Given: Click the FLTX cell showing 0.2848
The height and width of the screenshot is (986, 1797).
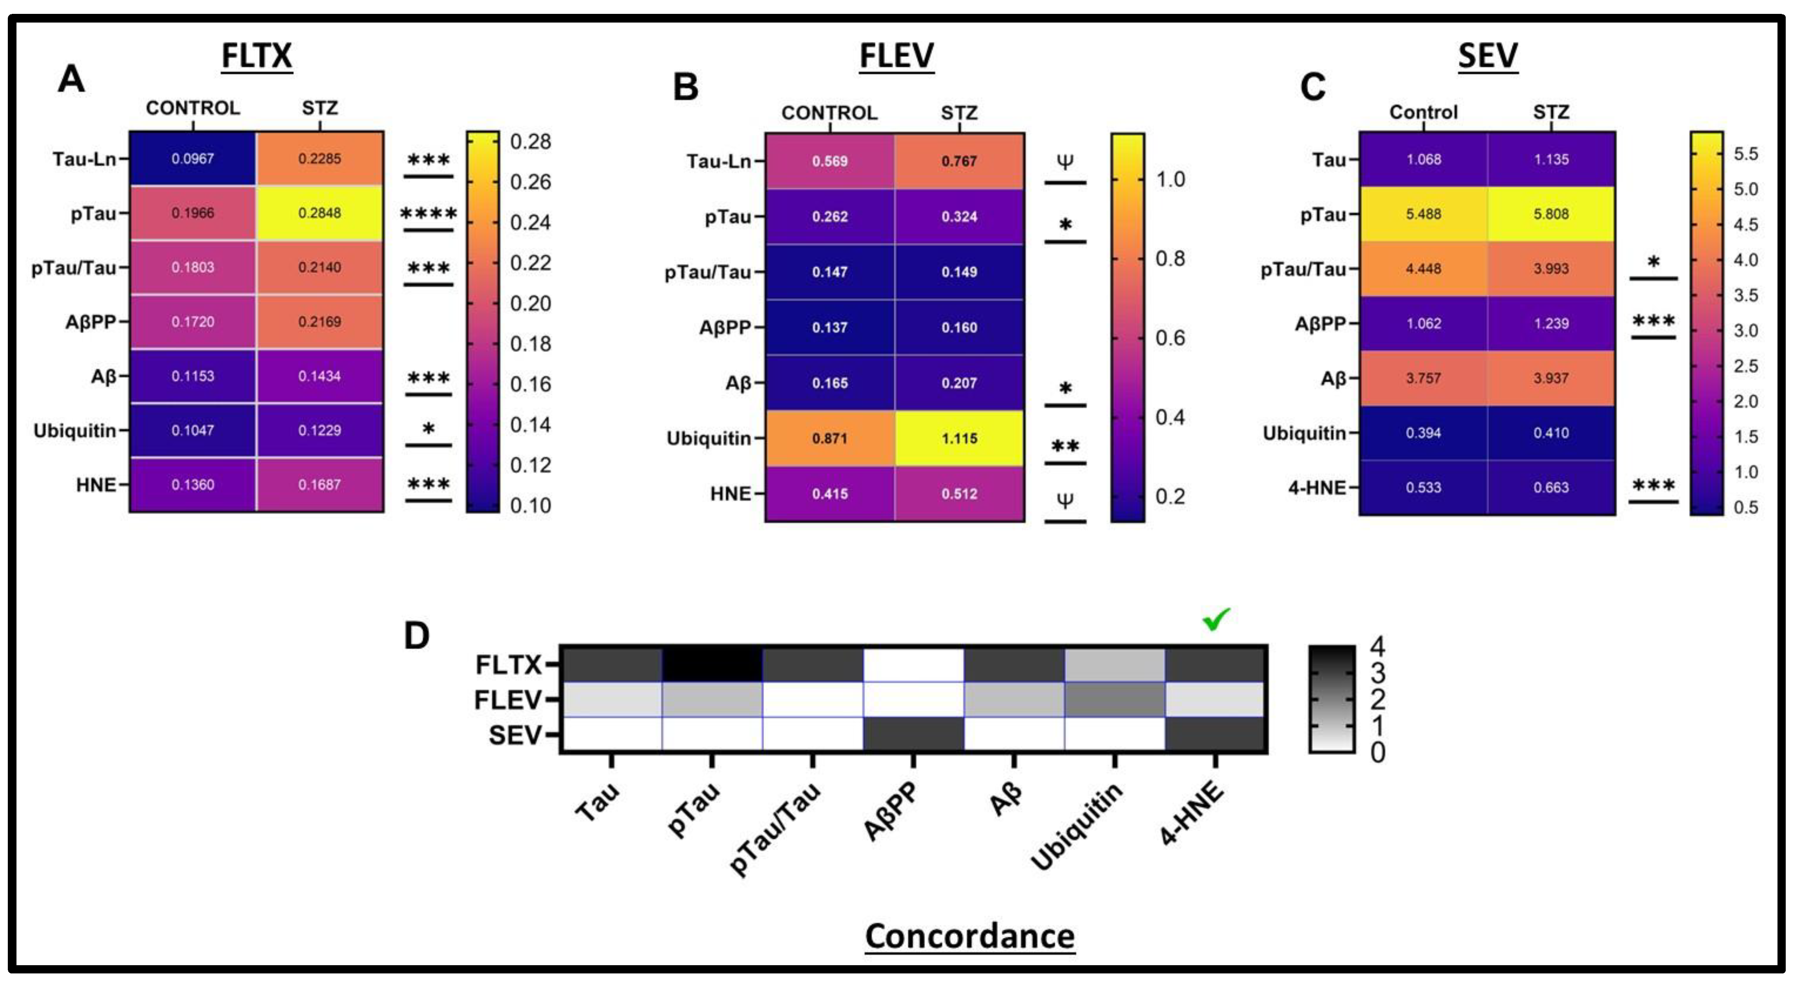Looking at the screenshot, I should pos(320,213).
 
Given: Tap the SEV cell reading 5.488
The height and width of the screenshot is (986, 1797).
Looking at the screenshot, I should pos(1423,214).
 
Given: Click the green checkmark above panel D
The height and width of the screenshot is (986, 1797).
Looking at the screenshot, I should pos(1216,618).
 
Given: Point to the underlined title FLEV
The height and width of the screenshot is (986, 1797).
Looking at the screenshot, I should pos(896,56).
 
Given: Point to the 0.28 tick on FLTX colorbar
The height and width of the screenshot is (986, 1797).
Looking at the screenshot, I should pos(530,141).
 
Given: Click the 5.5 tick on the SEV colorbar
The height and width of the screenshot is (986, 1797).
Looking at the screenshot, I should pos(1745,154).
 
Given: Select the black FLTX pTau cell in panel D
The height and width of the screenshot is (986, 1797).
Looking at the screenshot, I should pos(712,665).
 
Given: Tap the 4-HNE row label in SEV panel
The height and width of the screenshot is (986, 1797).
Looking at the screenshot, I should pos(1317,487).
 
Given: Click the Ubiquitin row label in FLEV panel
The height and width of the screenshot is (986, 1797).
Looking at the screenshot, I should pos(708,439).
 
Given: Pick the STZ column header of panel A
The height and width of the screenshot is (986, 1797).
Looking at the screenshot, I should pos(320,108).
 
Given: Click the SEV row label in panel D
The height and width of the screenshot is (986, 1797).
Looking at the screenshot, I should pos(515,735).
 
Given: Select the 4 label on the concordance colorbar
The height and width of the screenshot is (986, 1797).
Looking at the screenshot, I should pos(1377,647).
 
